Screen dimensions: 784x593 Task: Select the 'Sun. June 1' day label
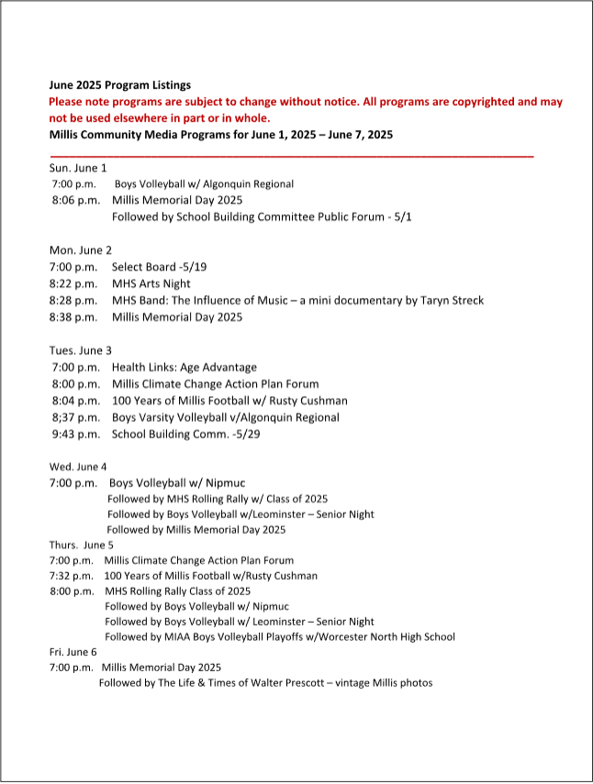pyautogui.click(x=78, y=168)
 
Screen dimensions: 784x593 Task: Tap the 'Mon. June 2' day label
pyautogui.click(x=81, y=249)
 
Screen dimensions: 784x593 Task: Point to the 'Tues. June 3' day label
pyautogui.click(x=81, y=350)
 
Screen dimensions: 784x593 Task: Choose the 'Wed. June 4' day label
pyautogui.click(x=78, y=466)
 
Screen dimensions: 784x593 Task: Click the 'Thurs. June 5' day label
pyautogui.click(x=82, y=544)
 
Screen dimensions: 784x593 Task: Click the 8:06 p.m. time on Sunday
pyautogui.click(x=76, y=200)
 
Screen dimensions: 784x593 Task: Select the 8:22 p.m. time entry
pyautogui.click(x=73, y=284)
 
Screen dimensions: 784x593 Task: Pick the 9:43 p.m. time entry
pyautogui.click(x=76, y=434)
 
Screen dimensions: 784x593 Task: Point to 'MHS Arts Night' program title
pyautogui.click(x=151, y=284)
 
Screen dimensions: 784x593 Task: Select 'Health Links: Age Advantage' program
pyautogui.click(x=185, y=368)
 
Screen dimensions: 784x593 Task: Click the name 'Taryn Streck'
pyautogui.click(x=452, y=301)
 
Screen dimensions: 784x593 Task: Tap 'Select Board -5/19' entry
pyautogui.click(x=159, y=267)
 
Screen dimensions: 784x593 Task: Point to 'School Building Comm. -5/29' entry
pyautogui.click(x=185, y=434)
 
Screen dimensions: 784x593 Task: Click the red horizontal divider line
pyautogui.click(x=291, y=155)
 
